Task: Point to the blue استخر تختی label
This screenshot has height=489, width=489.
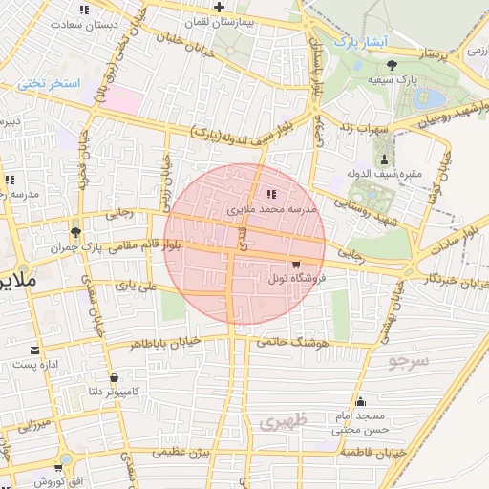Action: (49, 84)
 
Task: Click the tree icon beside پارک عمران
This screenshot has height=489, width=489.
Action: (75, 233)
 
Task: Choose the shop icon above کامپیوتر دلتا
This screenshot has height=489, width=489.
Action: (115, 377)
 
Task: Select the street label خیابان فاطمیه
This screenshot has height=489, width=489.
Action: (374, 450)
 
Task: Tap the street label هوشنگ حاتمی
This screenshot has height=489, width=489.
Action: (294, 341)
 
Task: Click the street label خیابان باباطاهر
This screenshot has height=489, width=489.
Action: (164, 341)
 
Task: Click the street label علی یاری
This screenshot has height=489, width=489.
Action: (136, 285)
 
